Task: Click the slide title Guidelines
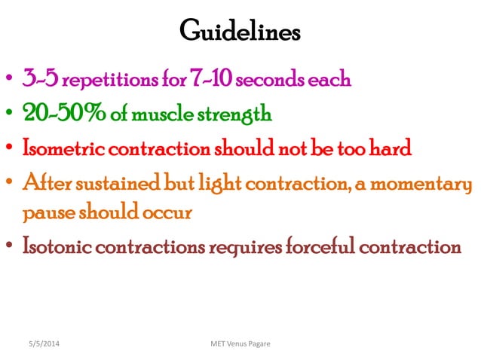point(240,32)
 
